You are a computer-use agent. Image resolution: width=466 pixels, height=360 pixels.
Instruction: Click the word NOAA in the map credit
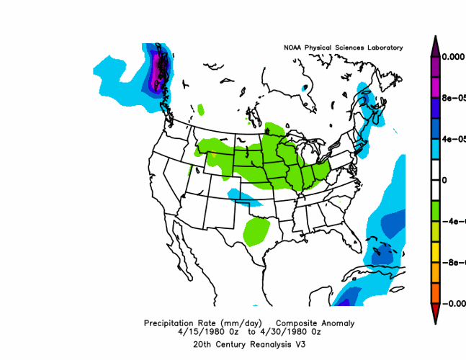(x=293, y=48)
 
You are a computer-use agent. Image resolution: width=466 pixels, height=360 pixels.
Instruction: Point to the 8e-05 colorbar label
(x=453, y=97)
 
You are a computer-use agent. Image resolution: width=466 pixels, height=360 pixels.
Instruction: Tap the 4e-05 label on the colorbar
(x=453, y=138)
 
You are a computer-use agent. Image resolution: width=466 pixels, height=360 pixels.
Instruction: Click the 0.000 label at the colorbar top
(x=453, y=56)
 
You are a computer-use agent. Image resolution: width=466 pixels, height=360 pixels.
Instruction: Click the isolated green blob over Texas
(x=256, y=230)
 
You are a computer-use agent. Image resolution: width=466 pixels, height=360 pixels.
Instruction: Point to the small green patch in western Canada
(x=200, y=109)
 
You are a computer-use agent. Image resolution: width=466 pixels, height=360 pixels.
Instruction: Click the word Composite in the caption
(x=299, y=323)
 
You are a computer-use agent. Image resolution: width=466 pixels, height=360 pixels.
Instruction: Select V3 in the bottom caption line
(x=298, y=344)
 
